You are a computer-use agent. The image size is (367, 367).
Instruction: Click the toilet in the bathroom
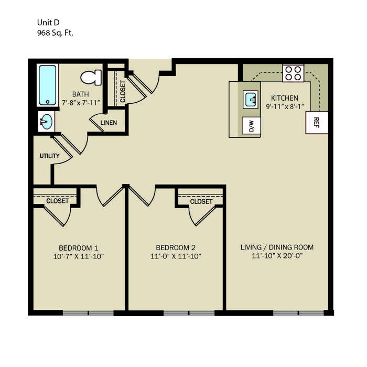(x=91, y=77)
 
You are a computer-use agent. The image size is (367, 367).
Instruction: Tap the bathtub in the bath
(x=48, y=85)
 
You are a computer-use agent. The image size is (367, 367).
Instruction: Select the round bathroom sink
(x=46, y=122)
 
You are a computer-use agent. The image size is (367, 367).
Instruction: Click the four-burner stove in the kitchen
(x=293, y=73)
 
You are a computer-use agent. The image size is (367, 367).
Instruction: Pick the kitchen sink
(x=251, y=100)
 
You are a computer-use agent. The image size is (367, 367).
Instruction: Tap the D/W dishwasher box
(x=251, y=125)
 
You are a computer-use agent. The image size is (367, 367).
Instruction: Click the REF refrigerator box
(x=317, y=122)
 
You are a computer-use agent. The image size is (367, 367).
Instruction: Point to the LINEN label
(x=109, y=123)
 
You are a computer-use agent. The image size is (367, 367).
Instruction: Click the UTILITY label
(x=49, y=156)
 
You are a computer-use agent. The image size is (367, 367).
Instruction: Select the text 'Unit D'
(x=48, y=23)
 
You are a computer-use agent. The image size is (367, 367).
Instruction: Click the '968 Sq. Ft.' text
(x=55, y=33)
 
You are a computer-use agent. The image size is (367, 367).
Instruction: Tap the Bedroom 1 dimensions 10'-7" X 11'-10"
(x=79, y=256)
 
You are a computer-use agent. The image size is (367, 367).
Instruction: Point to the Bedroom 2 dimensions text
(x=176, y=256)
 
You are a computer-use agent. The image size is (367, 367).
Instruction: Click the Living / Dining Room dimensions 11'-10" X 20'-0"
(x=277, y=256)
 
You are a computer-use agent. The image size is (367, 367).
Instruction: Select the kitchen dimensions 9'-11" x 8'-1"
(x=285, y=106)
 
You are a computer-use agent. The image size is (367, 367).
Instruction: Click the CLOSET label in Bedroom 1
(x=57, y=201)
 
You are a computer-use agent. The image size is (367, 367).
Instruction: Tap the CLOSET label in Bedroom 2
(x=201, y=201)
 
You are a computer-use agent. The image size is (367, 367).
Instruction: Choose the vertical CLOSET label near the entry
(x=123, y=92)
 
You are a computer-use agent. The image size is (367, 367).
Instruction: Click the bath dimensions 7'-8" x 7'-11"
(x=81, y=103)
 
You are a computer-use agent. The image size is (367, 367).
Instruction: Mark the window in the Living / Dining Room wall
(x=299, y=312)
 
